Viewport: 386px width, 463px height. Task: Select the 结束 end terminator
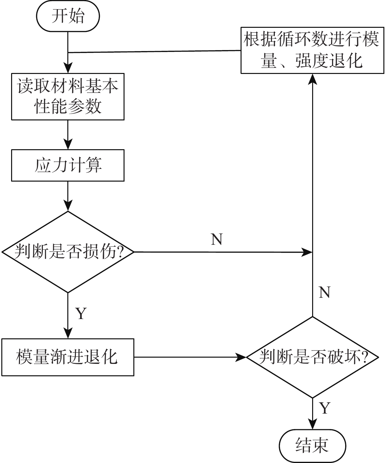(x=312, y=445)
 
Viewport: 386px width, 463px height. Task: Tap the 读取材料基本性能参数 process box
(x=68, y=97)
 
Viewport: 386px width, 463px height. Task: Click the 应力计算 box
(x=68, y=165)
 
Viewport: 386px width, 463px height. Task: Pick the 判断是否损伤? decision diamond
(x=68, y=252)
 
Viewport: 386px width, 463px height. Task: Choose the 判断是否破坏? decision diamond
(x=312, y=357)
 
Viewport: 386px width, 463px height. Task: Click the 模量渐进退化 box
(x=68, y=357)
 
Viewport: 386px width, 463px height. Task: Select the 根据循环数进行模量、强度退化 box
(x=312, y=50)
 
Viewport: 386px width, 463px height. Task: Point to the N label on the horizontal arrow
(x=217, y=240)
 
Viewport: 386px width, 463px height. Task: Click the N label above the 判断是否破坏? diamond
(x=324, y=292)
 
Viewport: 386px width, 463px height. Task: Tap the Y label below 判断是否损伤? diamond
(x=80, y=313)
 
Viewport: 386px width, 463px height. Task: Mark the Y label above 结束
(x=325, y=408)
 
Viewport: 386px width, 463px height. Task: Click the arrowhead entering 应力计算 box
(x=68, y=145)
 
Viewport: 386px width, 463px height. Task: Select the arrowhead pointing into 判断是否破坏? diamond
(x=241, y=357)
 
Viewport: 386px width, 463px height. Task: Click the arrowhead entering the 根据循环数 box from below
(x=312, y=79)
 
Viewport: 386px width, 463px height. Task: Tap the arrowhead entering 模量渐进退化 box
(x=68, y=334)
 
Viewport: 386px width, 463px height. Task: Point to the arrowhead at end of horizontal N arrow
(x=307, y=252)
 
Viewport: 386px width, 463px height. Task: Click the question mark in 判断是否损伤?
(x=120, y=252)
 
